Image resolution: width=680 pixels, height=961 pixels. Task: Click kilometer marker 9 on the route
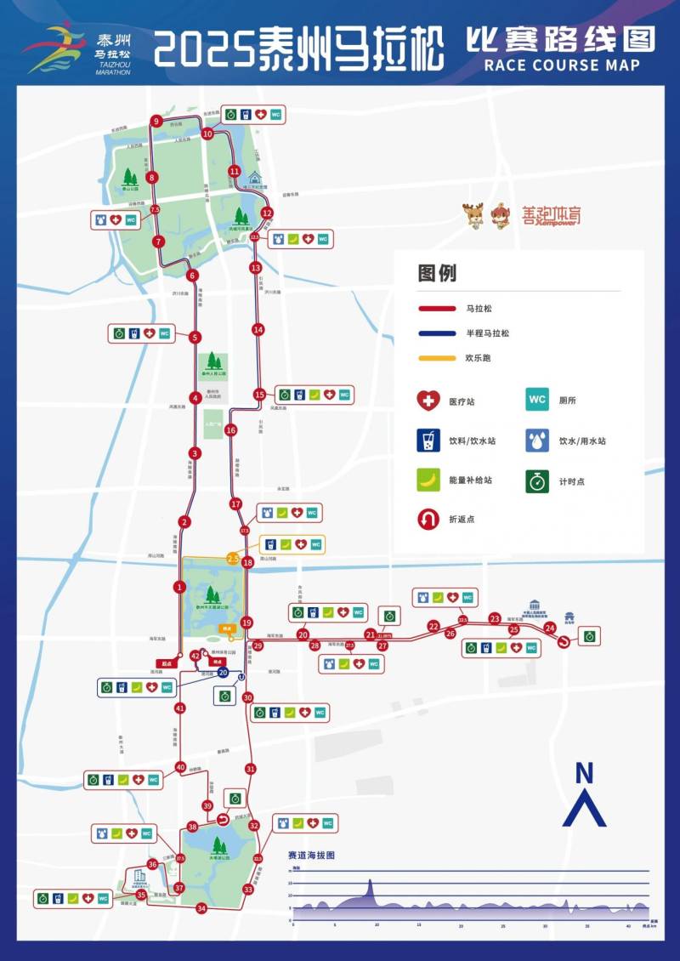(x=156, y=122)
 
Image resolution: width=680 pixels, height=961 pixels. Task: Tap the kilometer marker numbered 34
(x=201, y=908)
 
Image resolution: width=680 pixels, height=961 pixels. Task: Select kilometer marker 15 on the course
(x=259, y=394)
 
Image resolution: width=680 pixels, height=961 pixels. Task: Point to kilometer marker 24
(x=550, y=628)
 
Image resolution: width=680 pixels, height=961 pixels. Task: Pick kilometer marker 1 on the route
(x=179, y=586)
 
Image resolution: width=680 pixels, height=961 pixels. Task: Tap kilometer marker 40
(x=180, y=767)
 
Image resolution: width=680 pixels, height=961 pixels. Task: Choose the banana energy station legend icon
(x=428, y=480)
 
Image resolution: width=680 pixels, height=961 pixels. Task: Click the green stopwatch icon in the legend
(x=537, y=480)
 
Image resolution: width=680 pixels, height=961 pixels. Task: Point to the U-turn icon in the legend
(x=428, y=519)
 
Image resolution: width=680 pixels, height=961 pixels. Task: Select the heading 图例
(x=438, y=273)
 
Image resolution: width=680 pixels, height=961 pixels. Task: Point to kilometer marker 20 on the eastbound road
(x=303, y=634)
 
